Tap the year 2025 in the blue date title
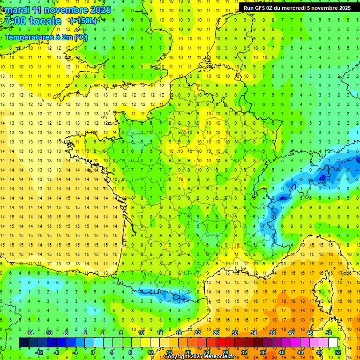click(x=100, y=10)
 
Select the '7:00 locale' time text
click(x=34, y=21)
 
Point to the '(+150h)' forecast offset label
click(x=83, y=21)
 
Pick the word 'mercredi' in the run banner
click(x=303, y=8)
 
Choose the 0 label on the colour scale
click(x=93, y=352)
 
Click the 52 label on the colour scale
click(x=337, y=352)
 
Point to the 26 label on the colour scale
click(x=216, y=333)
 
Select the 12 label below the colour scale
click(x=150, y=352)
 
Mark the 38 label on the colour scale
click(x=272, y=333)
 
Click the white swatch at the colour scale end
click(x=333, y=343)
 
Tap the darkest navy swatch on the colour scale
click(x=24, y=343)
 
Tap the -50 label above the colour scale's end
click(x=328, y=333)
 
